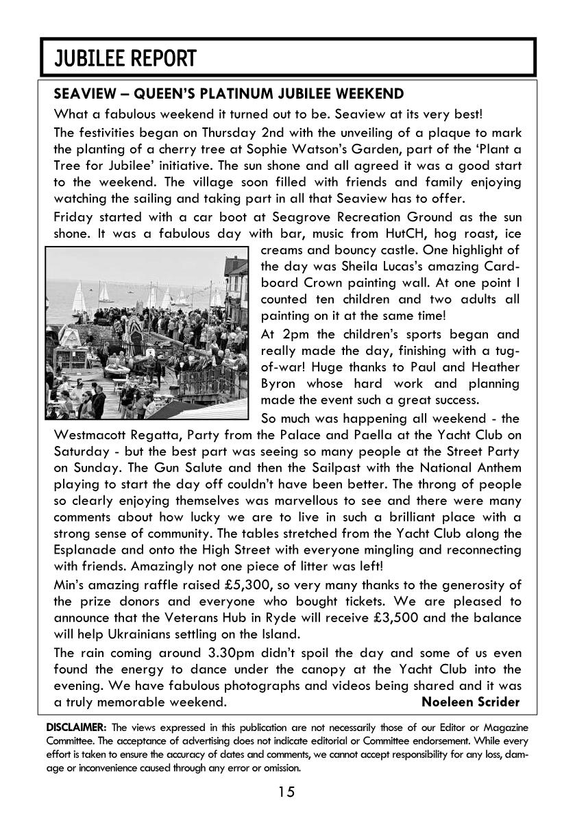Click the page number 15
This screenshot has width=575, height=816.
coord(286,793)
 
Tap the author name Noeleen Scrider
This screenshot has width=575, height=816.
coord(470,702)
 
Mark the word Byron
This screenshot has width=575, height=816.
coord(280,384)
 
